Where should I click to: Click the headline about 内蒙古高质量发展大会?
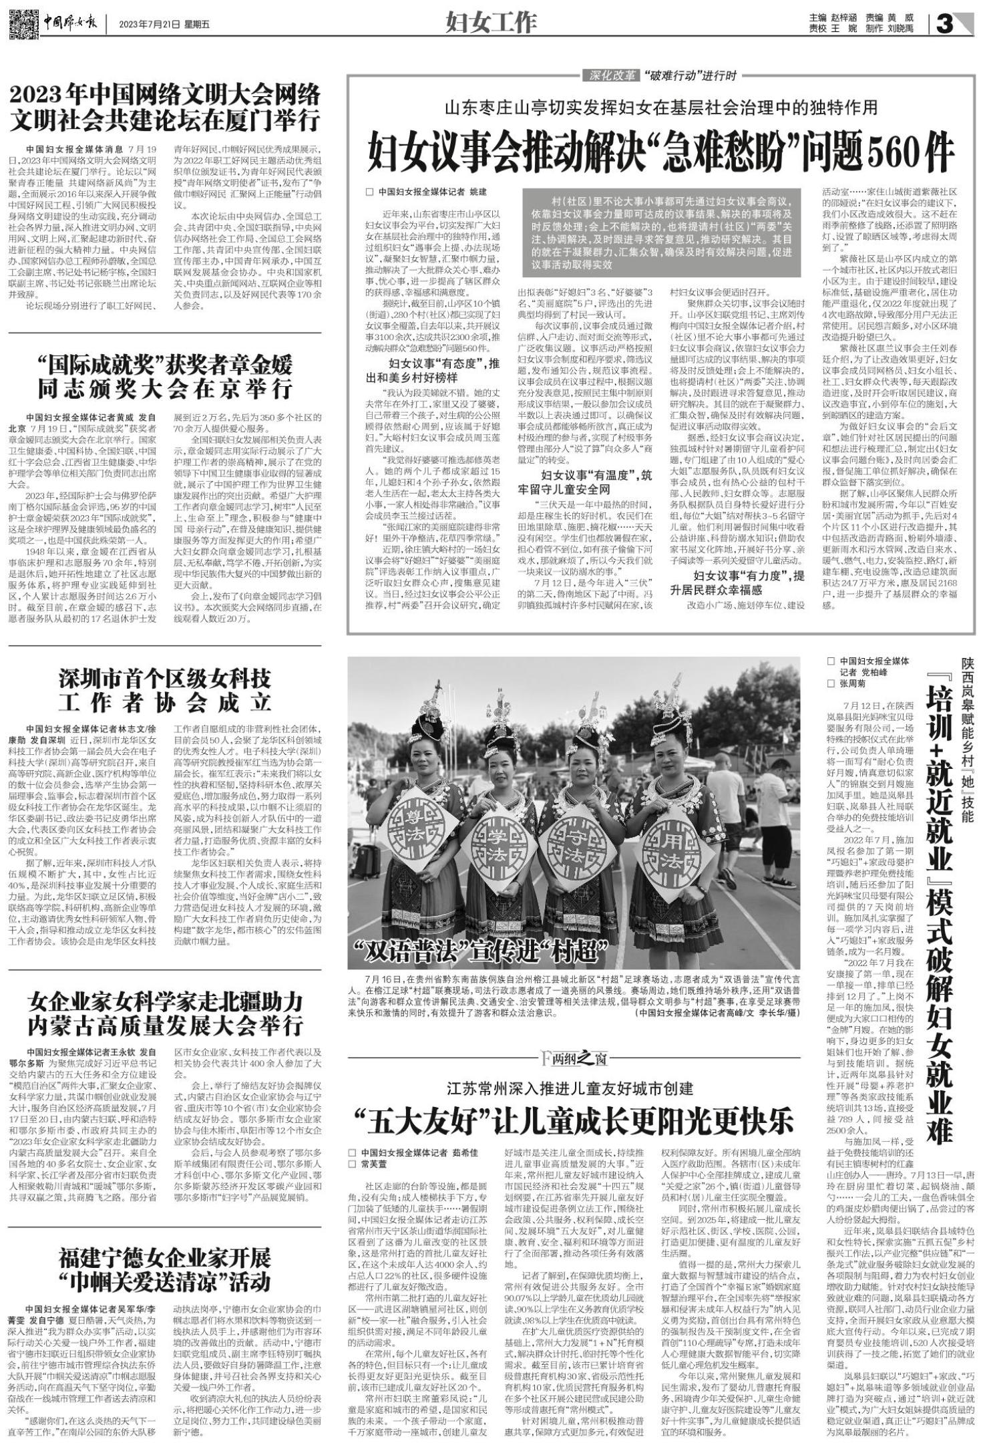(165, 1013)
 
